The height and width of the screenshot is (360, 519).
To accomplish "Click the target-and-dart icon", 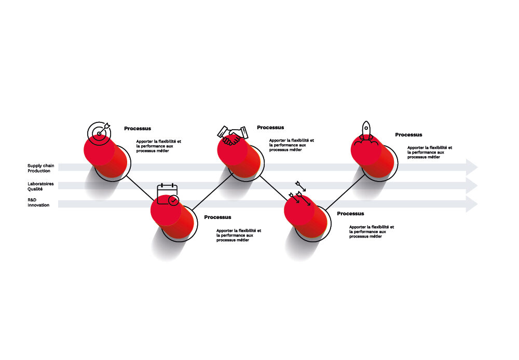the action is (x=99, y=133).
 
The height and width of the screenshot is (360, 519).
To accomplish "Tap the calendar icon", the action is (x=168, y=194).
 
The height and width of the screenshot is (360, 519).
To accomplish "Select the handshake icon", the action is (x=233, y=135).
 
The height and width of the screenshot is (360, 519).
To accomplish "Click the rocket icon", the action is (x=365, y=133).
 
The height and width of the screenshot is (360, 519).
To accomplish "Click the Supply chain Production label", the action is (x=40, y=168).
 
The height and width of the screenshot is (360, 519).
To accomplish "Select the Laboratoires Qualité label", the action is (x=40, y=186).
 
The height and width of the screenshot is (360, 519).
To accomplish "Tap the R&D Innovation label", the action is (x=38, y=202).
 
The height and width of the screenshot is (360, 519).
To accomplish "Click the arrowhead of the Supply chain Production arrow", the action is (x=472, y=167).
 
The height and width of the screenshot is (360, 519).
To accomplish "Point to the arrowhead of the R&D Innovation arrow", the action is (x=472, y=204).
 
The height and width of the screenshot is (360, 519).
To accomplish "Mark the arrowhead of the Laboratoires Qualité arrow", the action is (x=472, y=186).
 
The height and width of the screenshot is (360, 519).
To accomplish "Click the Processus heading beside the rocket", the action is (x=408, y=135).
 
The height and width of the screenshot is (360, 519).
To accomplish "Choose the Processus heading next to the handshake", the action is (x=270, y=128).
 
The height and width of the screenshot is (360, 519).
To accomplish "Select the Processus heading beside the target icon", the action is (x=138, y=128).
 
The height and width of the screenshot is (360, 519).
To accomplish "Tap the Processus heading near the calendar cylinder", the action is (x=217, y=217).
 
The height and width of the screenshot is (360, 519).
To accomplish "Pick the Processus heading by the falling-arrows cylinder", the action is (x=350, y=213).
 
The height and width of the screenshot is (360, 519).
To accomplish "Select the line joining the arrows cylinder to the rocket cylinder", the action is (x=345, y=191).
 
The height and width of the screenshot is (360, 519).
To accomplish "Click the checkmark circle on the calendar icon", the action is (x=173, y=200).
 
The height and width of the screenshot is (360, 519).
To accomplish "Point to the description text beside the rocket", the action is (x=429, y=152).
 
